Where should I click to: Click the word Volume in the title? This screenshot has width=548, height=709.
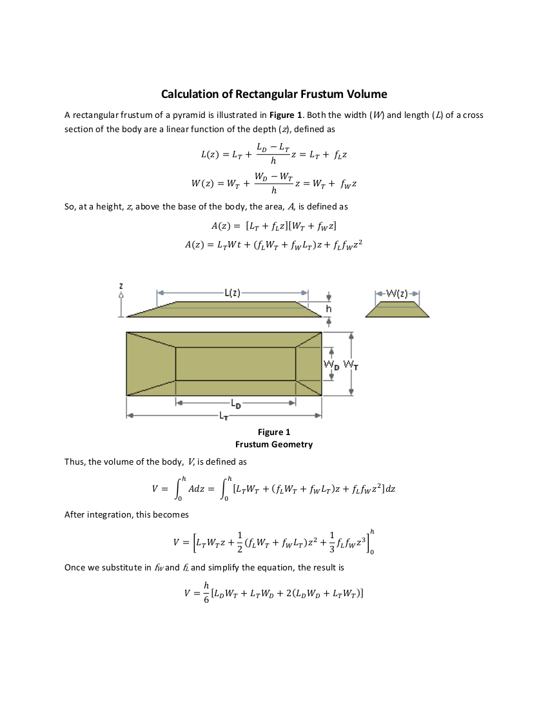click(x=366, y=94)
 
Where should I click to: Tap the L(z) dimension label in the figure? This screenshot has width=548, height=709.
click(x=233, y=293)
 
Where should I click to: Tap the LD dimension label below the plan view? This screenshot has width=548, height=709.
click(x=236, y=405)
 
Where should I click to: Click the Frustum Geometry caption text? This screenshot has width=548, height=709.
click(x=273, y=444)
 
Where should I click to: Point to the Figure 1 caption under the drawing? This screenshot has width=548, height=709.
click(x=273, y=432)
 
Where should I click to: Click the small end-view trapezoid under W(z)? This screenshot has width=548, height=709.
click(x=397, y=310)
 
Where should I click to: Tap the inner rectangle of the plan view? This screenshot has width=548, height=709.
click(x=235, y=364)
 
